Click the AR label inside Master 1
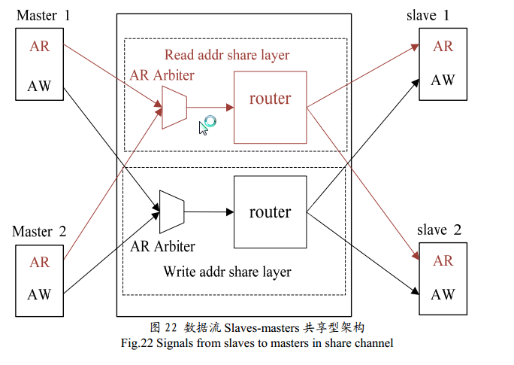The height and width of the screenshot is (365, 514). (40, 46)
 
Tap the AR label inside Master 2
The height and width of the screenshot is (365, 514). (40, 262)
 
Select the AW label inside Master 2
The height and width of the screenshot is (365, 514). (40, 294)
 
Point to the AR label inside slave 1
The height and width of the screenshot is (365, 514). (443, 46)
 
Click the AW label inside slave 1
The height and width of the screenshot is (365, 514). (443, 80)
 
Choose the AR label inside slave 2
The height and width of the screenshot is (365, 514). (443, 260)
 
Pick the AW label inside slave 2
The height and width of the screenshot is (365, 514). (443, 294)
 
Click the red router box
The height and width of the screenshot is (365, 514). (270, 107)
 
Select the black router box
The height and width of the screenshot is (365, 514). (270, 212)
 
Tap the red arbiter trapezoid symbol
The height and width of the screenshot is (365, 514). (174, 107)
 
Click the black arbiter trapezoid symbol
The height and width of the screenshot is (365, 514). (172, 211)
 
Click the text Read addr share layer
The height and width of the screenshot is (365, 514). (226, 55)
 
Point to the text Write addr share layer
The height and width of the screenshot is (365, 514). (227, 271)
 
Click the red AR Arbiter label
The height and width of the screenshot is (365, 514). (162, 75)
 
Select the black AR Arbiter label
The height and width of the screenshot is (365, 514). (163, 246)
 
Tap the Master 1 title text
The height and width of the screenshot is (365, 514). (42, 15)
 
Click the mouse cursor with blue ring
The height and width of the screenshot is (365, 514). (205, 124)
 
